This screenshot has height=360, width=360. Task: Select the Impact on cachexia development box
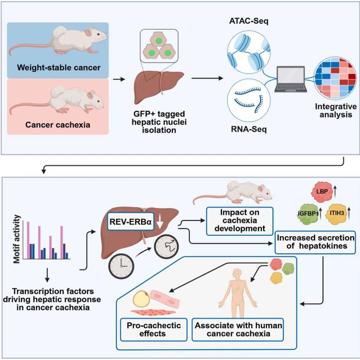coord(239,221)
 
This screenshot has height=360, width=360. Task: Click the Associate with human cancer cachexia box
coord(238,329)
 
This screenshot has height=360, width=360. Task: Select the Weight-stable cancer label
coord(59,67)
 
